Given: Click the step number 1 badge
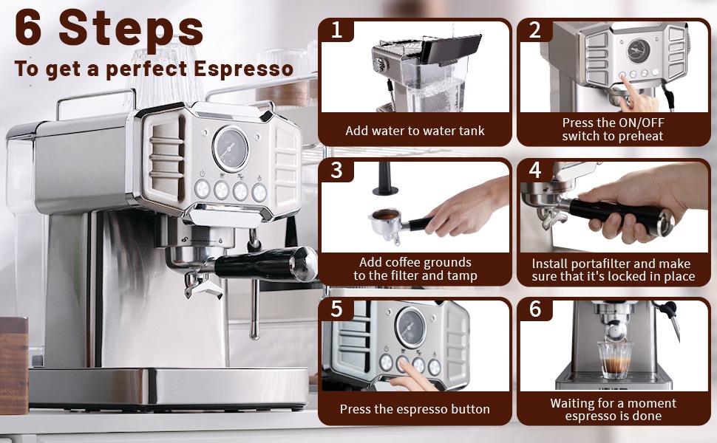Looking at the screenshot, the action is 336,30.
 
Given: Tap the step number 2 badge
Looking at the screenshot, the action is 535,30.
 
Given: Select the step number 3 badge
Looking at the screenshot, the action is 336,170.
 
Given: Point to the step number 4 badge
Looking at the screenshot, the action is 535,170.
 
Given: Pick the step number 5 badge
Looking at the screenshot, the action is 336,309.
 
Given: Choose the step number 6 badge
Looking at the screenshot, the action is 535,309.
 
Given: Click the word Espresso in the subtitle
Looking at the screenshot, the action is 243,69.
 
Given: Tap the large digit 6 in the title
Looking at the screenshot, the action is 30,28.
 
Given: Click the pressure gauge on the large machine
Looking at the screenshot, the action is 231,149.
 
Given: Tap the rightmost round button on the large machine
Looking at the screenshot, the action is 259,192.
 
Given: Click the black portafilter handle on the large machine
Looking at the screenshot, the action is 265,264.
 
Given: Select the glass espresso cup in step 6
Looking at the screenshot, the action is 616,360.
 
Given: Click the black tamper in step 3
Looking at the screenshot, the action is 385,179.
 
